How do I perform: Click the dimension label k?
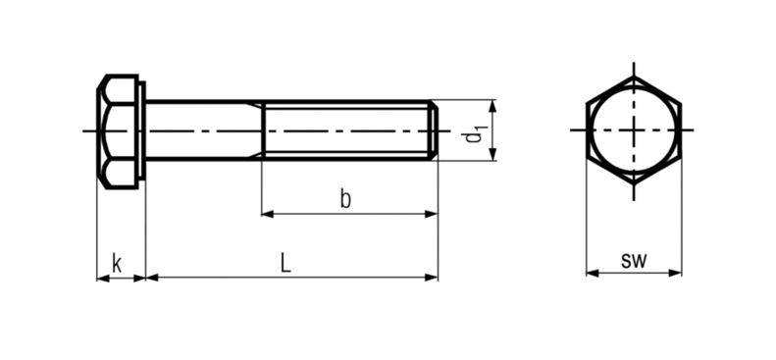coord(117,264)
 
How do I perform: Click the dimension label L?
coord(285,263)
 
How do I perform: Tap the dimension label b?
coord(345,199)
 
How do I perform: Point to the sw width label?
coord(634,261)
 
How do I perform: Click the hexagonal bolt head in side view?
coord(118,131)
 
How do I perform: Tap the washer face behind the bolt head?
coord(142,131)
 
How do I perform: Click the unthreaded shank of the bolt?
coord(204,130)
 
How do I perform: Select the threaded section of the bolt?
coord(345,130)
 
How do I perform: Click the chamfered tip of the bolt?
coord(434,130)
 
